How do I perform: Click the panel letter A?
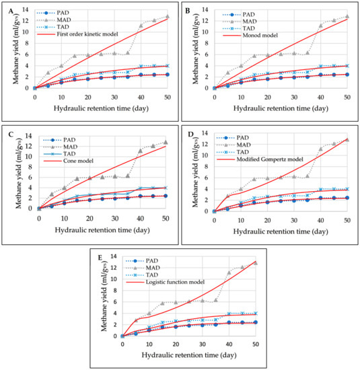pos(8,9)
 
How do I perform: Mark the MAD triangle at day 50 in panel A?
pos(167,16)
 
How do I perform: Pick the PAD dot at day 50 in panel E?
pos(256,322)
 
